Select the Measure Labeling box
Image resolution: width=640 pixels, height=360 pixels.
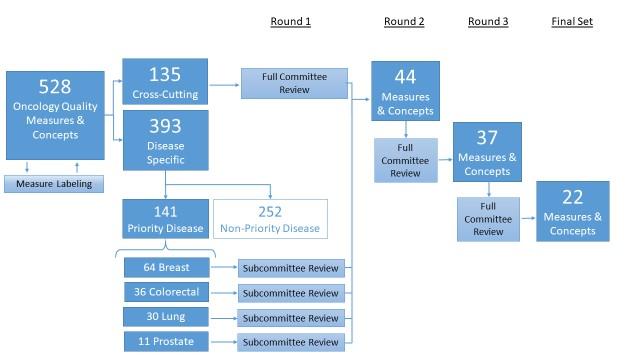(54, 184)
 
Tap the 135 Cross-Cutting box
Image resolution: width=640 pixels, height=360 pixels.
(165, 81)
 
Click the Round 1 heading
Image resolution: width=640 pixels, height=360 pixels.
(291, 21)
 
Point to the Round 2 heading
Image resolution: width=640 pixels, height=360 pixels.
(406, 21)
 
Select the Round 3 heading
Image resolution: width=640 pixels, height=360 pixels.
(487, 21)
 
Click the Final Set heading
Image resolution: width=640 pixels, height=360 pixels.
(571, 21)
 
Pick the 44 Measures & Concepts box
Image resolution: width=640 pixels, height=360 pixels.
(406, 93)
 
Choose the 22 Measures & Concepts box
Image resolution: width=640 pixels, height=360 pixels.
(572, 211)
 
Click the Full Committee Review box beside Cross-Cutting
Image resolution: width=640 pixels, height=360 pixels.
(294, 83)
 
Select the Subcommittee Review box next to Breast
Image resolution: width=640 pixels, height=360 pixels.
(294, 268)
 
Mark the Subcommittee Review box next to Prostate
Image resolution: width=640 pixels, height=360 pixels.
(294, 343)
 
